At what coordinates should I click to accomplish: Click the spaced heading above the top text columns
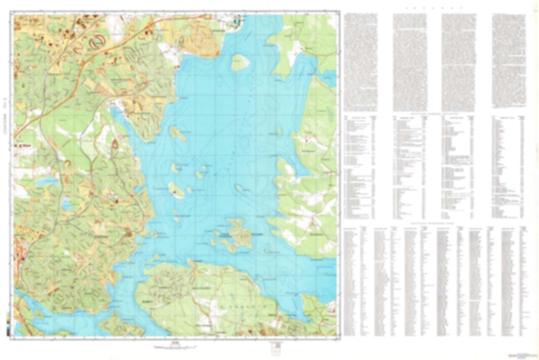[x=435, y=8]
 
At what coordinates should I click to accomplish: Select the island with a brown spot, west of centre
[x=175, y=190]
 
